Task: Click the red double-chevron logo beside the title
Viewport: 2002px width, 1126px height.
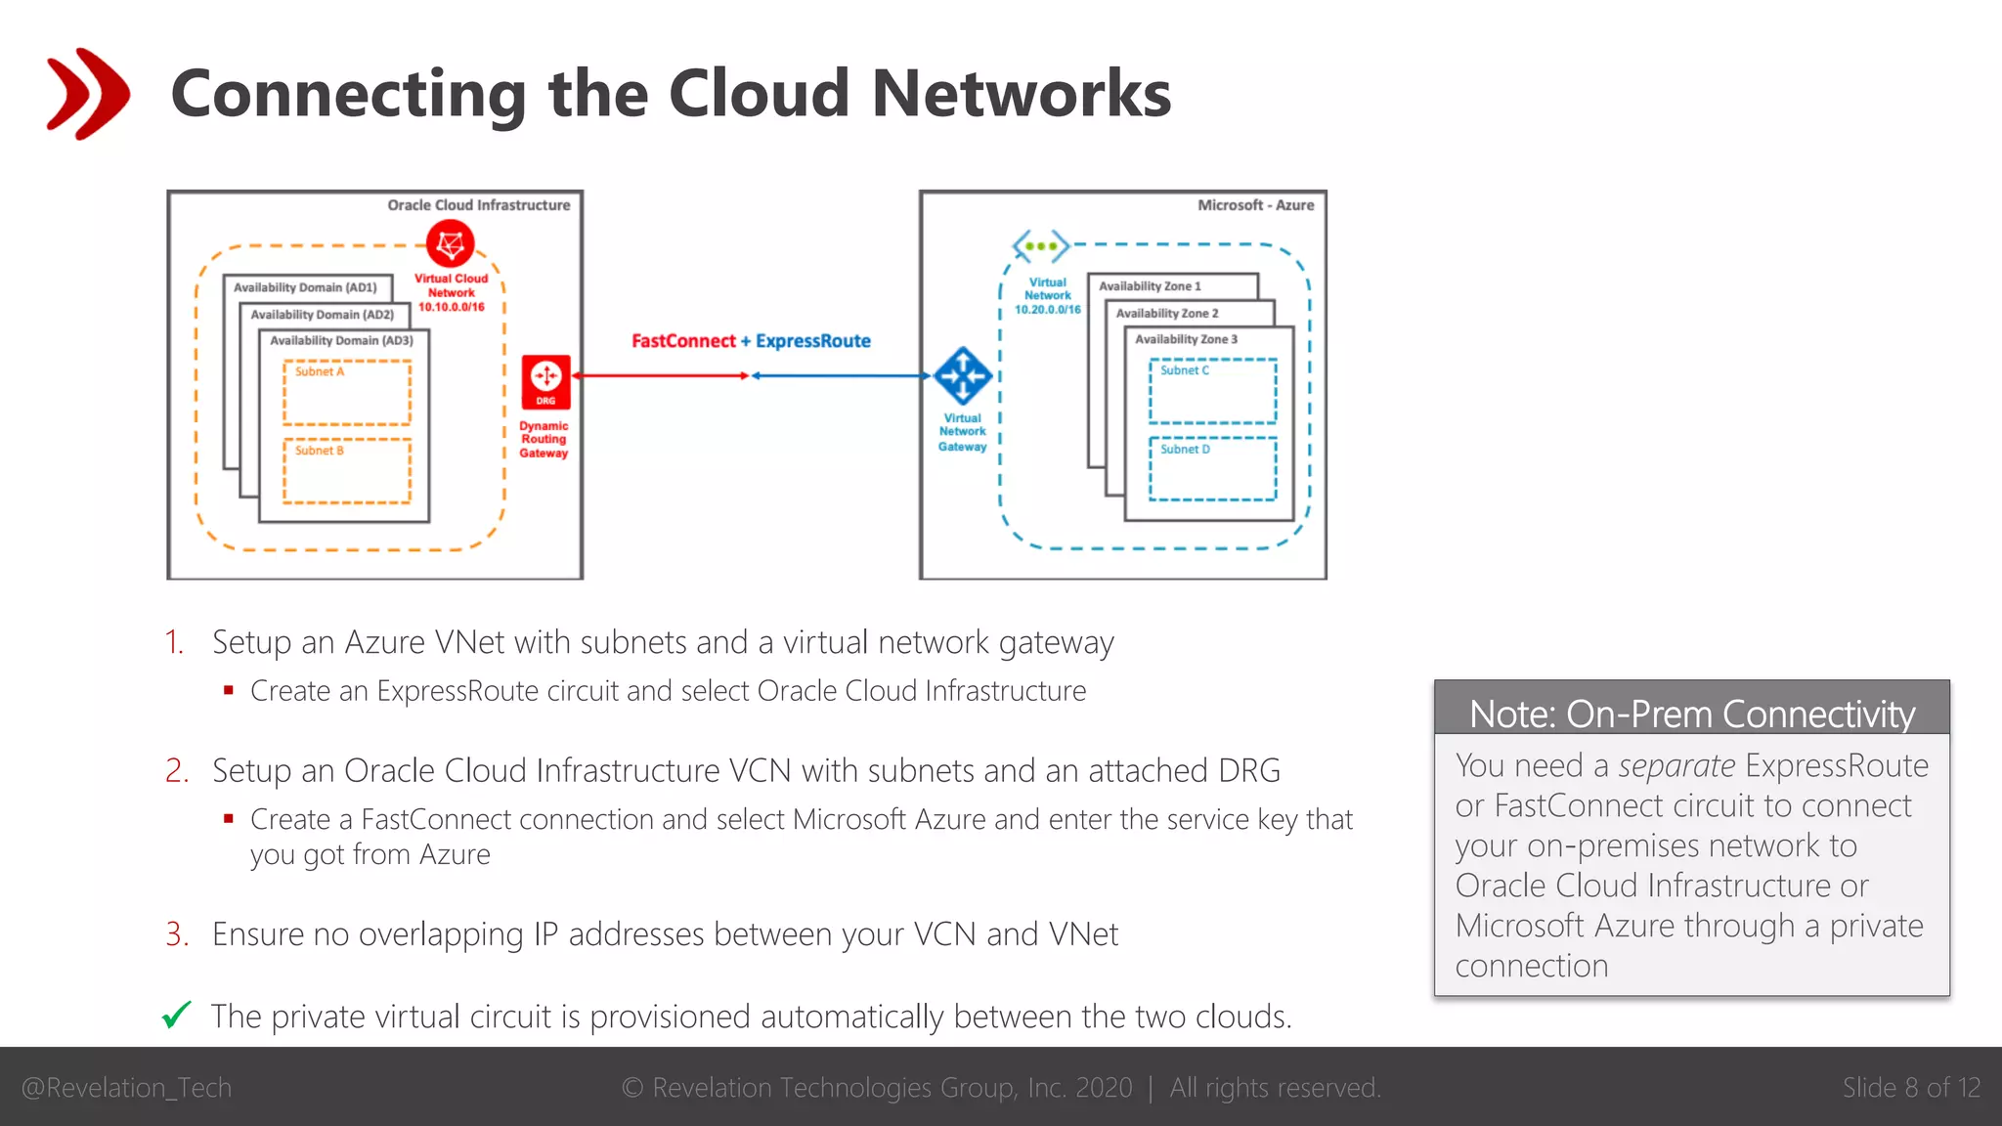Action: pyautogui.click(x=88, y=93)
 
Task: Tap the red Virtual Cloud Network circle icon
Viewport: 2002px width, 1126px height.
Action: pyautogui.click(x=451, y=244)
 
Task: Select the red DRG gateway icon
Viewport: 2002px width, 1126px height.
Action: pyautogui.click(x=545, y=381)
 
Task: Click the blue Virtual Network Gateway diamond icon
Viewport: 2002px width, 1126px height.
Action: pyautogui.click(x=963, y=375)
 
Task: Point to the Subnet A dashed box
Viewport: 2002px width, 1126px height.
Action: pyautogui.click(x=347, y=393)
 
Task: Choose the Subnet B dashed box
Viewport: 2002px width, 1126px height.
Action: pyautogui.click(x=347, y=471)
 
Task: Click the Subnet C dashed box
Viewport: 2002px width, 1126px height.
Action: pyautogui.click(x=1212, y=391)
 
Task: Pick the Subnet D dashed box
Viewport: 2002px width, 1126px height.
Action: pyautogui.click(x=1212, y=469)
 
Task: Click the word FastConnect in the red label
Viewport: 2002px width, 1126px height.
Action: pyautogui.click(x=683, y=341)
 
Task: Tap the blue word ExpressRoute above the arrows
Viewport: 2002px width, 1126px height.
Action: pyautogui.click(x=812, y=341)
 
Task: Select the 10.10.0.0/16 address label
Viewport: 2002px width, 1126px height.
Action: pyautogui.click(x=452, y=307)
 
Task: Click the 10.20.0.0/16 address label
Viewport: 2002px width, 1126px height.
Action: pyautogui.click(x=1048, y=310)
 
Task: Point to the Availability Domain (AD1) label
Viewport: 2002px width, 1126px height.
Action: pyautogui.click(x=305, y=287)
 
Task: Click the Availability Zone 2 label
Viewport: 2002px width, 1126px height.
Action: pyautogui.click(x=1167, y=314)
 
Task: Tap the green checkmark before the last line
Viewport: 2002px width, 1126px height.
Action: pyautogui.click(x=177, y=1016)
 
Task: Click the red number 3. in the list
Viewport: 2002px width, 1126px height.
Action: pyautogui.click(x=177, y=934)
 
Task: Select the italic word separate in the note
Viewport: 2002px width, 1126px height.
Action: pyautogui.click(x=1676, y=765)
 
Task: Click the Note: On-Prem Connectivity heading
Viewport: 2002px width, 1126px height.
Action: pyautogui.click(x=1691, y=714)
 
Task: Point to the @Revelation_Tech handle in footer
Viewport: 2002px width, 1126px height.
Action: pyautogui.click(x=126, y=1088)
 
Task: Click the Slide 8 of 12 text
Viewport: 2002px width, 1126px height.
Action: pyautogui.click(x=1911, y=1088)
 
